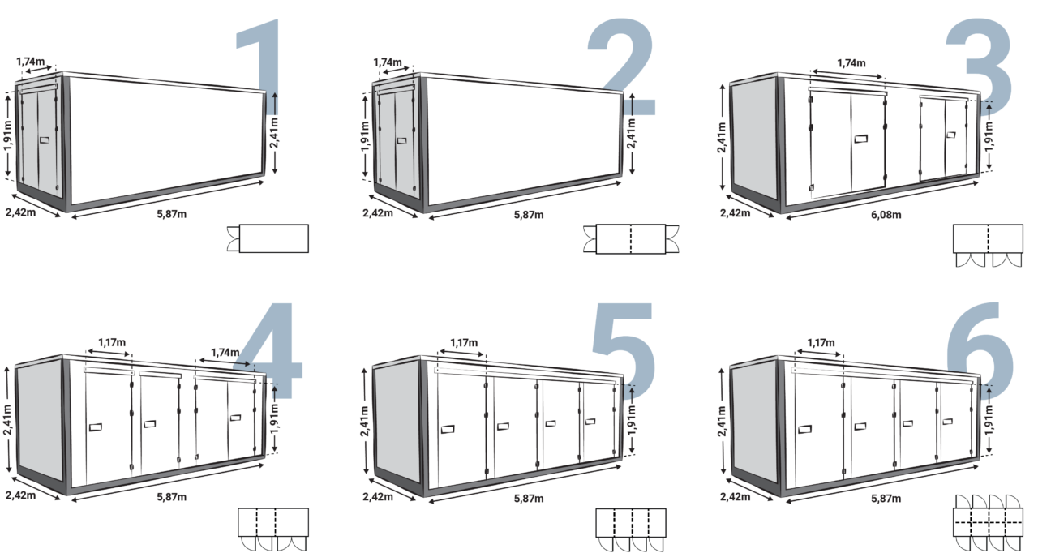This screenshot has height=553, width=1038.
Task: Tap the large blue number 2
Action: point(621,69)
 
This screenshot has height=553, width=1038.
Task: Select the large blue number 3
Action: point(980,65)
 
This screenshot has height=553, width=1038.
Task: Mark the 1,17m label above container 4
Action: point(111,343)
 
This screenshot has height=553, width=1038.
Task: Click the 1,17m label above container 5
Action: point(464,343)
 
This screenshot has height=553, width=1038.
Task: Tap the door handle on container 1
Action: point(43,141)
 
